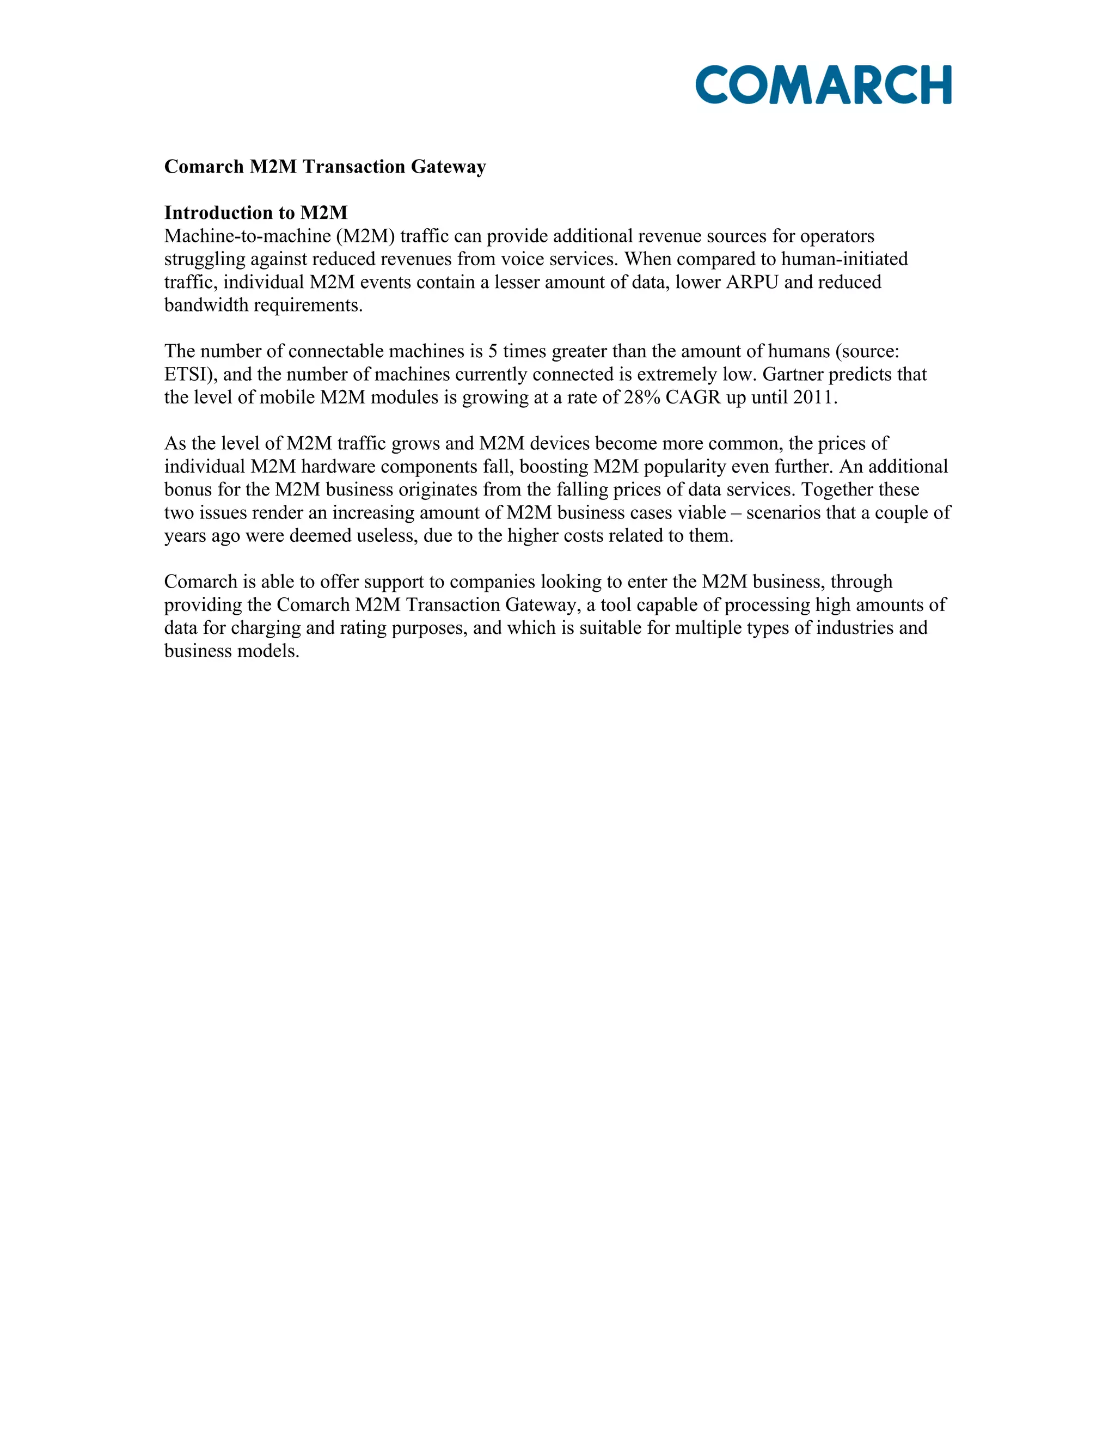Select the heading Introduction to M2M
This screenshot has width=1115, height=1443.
coord(256,213)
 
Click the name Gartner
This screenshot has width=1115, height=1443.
coord(792,375)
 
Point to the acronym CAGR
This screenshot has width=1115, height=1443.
coord(693,398)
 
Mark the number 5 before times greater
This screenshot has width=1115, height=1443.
coord(492,352)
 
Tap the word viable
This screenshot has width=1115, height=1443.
coord(700,513)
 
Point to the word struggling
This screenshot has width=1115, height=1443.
coord(204,259)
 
